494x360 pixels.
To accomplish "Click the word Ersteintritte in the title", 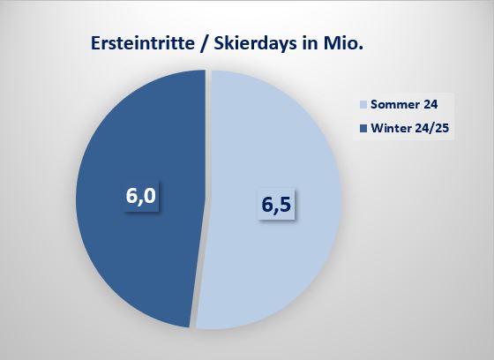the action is pyautogui.click(x=143, y=43).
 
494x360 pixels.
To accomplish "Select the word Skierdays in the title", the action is pyautogui.click(x=255, y=44).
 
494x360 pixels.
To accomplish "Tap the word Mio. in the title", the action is pyautogui.click(x=343, y=43).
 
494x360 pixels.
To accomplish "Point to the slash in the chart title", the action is pyautogui.click(x=204, y=43).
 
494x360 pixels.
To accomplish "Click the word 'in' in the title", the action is pyautogui.click(x=310, y=43).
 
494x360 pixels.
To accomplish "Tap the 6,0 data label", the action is pyautogui.click(x=141, y=196).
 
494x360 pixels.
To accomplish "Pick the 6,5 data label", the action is pyautogui.click(x=276, y=205).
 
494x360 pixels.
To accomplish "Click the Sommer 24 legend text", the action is pyautogui.click(x=404, y=104).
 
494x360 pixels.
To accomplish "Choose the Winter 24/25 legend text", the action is pyautogui.click(x=410, y=128).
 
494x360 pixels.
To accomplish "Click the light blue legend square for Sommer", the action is pyautogui.click(x=363, y=105).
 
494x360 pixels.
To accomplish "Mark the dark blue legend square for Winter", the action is pyautogui.click(x=363, y=129).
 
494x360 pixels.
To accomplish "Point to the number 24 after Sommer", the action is pyautogui.click(x=430, y=104).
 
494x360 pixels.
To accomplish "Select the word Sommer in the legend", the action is pyautogui.click(x=395, y=104).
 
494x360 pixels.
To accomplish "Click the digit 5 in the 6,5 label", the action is pyautogui.click(x=285, y=204).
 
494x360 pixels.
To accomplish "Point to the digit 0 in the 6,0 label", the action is pyautogui.click(x=149, y=195).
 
